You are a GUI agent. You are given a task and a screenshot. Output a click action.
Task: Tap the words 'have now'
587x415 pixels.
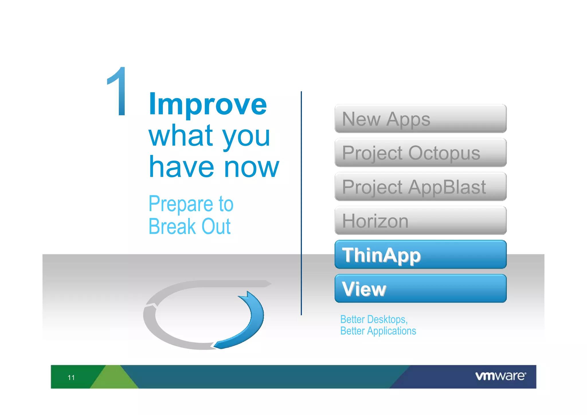click(x=214, y=167)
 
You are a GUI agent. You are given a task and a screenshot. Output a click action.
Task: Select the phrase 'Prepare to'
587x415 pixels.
click(x=191, y=204)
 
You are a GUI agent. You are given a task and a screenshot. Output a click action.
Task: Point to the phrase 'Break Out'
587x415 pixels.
click(x=189, y=227)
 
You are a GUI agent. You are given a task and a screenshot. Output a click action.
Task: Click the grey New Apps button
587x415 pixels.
click(x=420, y=119)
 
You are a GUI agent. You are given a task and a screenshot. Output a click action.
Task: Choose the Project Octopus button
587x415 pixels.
click(x=420, y=153)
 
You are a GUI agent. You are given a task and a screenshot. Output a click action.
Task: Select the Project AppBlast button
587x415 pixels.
click(x=420, y=187)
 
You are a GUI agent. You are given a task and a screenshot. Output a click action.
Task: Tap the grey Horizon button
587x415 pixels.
click(x=420, y=221)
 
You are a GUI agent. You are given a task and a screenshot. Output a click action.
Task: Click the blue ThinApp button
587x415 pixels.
click(x=420, y=255)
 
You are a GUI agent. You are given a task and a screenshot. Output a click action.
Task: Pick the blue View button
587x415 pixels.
click(x=420, y=289)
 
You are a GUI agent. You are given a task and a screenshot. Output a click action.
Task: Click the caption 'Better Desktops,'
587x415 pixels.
click(x=374, y=319)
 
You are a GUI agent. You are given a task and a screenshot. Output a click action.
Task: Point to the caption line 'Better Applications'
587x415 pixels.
click(x=378, y=331)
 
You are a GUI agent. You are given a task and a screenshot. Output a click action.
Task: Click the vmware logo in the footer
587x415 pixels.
click(x=500, y=376)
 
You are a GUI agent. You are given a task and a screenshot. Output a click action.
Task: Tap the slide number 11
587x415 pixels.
click(x=71, y=377)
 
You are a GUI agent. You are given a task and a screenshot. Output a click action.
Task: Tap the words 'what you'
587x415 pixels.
click(x=209, y=136)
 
